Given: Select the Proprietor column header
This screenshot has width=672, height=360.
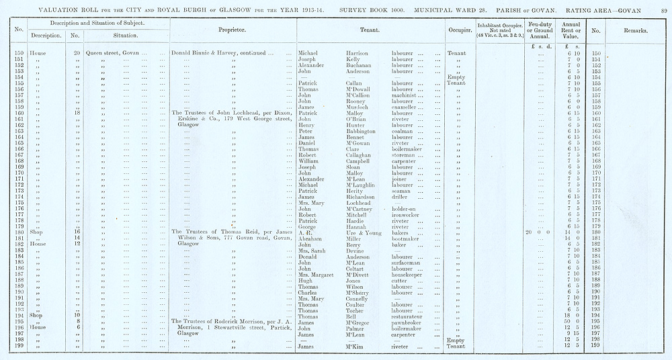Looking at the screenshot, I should pos(233,31).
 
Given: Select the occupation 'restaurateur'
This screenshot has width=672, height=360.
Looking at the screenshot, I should pos(409,316).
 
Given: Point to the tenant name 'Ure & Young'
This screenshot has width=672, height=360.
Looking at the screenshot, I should pos(353,232).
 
